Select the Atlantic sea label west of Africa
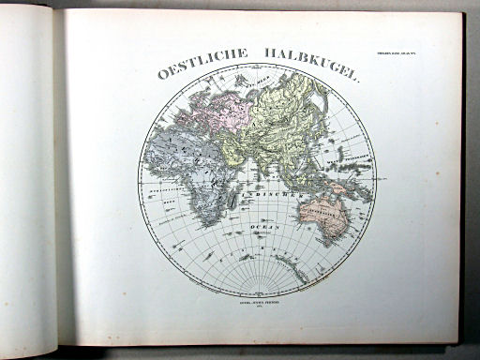pyautogui.click(x=159, y=187)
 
